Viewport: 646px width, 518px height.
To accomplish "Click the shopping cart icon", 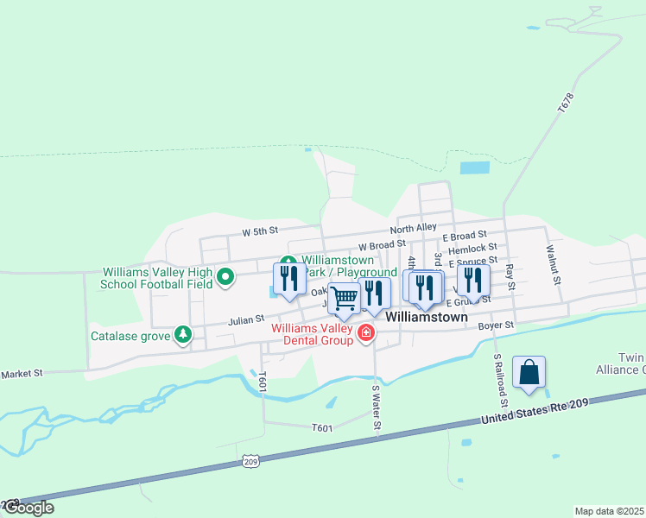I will click(345, 300).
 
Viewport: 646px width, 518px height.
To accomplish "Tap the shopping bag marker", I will click(529, 373).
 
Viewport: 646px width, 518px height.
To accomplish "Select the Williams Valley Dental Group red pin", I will click(366, 332).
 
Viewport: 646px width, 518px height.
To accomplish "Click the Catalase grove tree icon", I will click(182, 334).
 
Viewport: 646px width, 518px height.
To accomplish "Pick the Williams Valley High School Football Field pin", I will click(225, 277).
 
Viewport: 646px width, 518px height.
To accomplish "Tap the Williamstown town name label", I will click(426, 317).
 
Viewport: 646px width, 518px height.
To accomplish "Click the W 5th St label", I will click(260, 231).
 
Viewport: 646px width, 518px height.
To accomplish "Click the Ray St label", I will click(510, 277).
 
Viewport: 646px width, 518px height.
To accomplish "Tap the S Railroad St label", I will click(498, 379).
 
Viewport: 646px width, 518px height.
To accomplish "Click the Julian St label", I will click(246, 320).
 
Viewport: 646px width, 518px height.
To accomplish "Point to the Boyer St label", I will click(496, 325).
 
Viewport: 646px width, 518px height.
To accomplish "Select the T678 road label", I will click(566, 103).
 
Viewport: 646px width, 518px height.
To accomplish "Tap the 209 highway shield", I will click(250, 462).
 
